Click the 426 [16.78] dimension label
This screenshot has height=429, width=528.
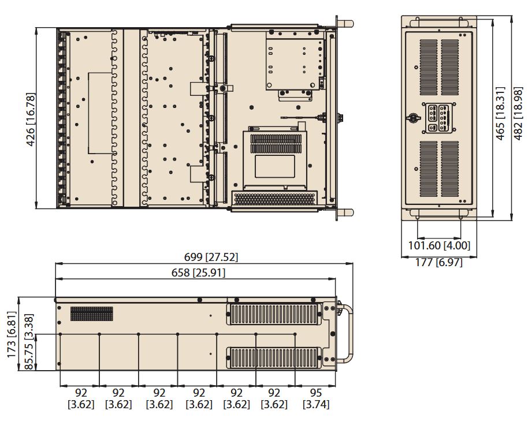coord(31,120)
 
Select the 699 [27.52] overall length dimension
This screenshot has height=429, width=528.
coord(211,257)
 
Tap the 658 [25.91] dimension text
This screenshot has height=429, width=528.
coord(198,273)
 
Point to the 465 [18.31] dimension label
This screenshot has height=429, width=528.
coord(500,113)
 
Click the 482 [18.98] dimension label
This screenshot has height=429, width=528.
coord(518,113)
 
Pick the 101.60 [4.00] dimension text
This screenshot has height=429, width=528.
coord(439,245)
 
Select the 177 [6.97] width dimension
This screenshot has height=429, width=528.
coord(439,262)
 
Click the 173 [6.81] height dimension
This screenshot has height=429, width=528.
coord(12,335)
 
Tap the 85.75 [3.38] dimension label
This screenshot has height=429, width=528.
coord(29,342)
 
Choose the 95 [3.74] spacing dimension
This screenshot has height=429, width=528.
coord(316,398)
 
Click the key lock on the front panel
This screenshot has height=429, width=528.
coord(412,118)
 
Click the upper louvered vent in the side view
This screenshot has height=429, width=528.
coord(273,314)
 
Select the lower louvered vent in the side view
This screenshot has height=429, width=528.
coord(273,357)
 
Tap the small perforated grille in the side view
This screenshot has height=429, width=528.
coord(92,314)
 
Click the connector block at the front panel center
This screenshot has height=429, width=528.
coord(439,118)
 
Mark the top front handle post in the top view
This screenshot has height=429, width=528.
coord(345,24)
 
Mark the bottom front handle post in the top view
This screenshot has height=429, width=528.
coord(345,212)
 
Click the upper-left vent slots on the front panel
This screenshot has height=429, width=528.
coord(429,68)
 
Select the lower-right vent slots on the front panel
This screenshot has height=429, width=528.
coord(450,169)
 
